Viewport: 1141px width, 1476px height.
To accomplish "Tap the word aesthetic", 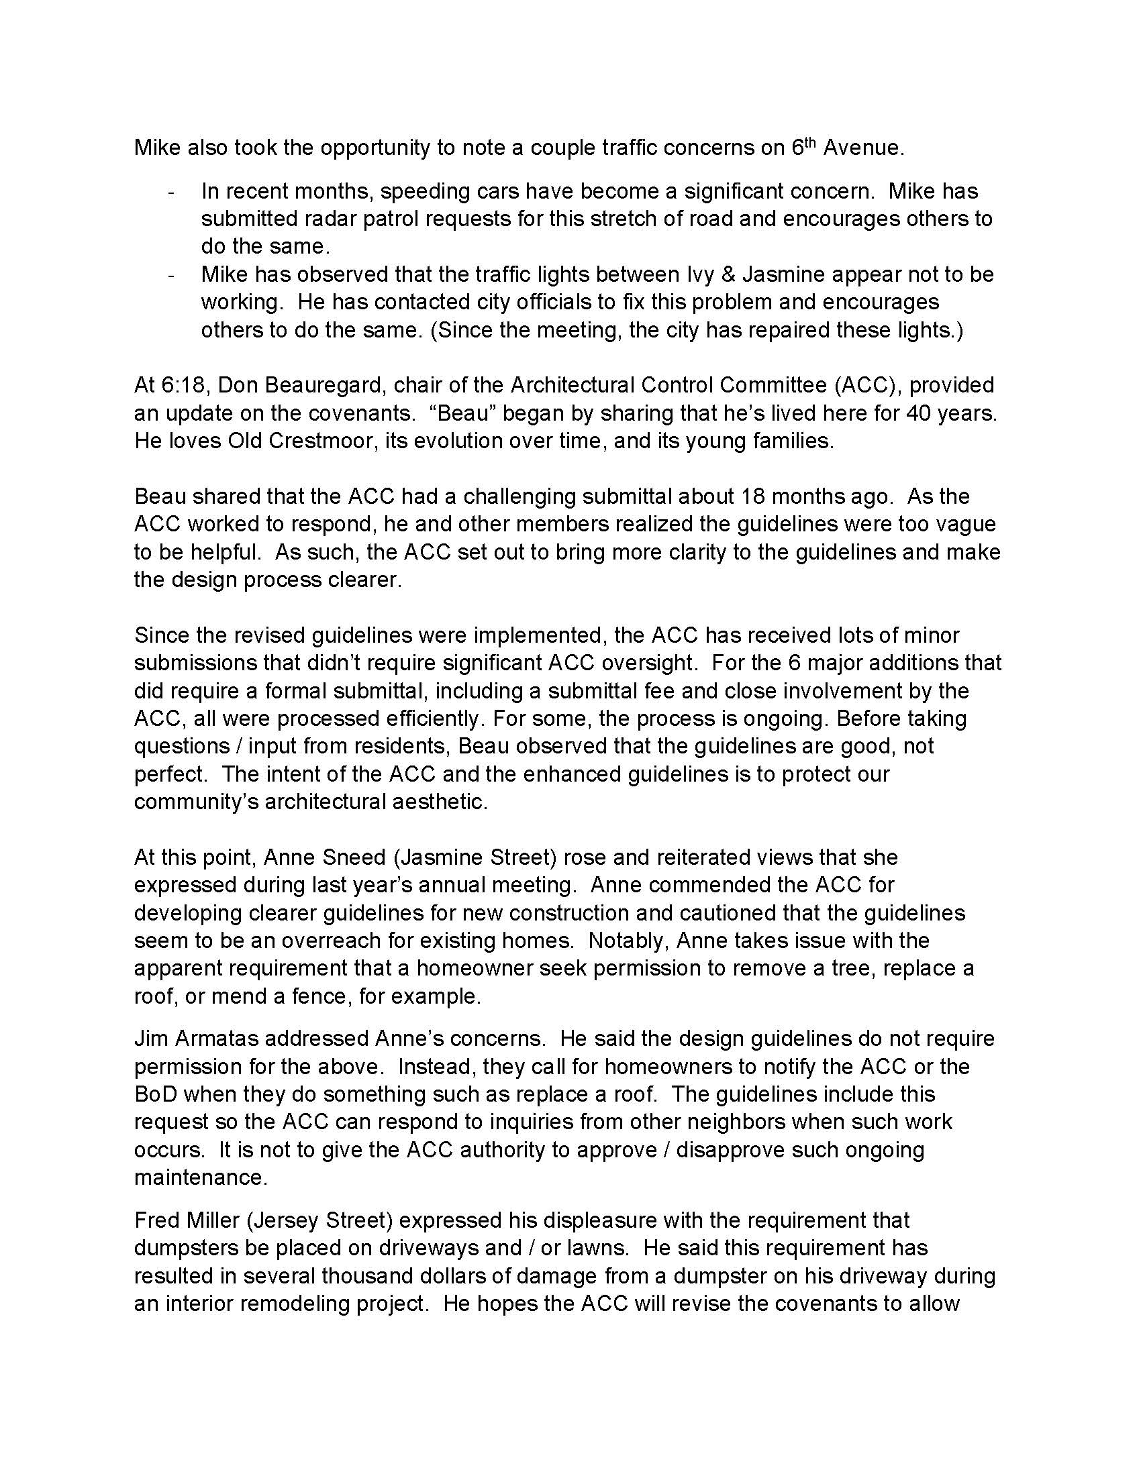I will [x=442, y=802].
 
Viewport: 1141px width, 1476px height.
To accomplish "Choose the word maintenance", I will [x=201, y=1177].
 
